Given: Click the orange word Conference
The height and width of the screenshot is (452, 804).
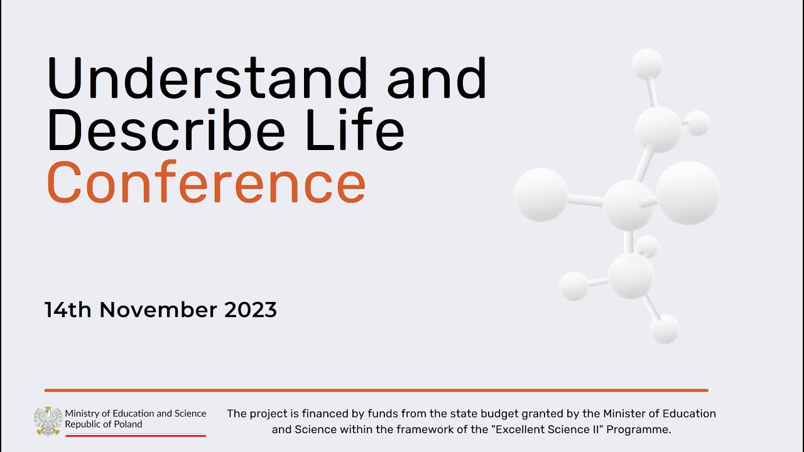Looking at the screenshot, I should [x=206, y=183].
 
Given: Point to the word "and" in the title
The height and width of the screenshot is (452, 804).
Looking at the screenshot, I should [x=437, y=78].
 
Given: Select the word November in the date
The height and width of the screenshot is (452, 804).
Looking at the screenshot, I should [x=158, y=309].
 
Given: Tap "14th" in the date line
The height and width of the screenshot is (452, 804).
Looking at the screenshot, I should [x=67, y=309].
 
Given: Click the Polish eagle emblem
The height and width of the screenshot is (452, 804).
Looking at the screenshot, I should [x=48, y=421].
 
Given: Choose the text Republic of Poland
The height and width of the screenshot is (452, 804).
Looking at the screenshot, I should [x=104, y=424].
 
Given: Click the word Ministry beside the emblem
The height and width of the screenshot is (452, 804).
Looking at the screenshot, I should [x=82, y=413].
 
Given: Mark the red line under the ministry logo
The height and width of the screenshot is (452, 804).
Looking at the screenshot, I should [x=136, y=434].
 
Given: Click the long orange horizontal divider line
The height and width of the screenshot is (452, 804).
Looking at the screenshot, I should [x=376, y=390].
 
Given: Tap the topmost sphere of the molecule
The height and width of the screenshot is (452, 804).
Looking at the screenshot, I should [x=646, y=64].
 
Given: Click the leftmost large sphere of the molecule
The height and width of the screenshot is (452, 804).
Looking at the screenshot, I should [x=541, y=195].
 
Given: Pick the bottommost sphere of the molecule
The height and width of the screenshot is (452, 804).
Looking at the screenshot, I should [x=665, y=329].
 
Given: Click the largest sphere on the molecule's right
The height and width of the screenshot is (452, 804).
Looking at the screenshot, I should [x=688, y=193].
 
